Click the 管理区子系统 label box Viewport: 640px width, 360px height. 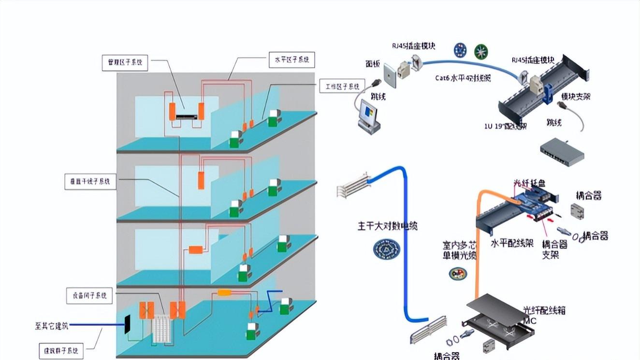pyautogui.click(x=125, y=62)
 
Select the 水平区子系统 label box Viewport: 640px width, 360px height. pyautogui.click(x=291, y=60)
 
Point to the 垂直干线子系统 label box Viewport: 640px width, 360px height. pyautogui.click(x=90, y=182)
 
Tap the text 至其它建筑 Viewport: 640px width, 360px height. pyautogui.click(x=52, y=326)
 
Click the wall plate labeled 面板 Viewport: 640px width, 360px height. pyautogui.click(x=390, y=75)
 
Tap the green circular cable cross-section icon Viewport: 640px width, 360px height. pyautogui.click(x=480, y=50)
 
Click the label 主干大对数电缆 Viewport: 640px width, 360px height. pyautogui.click(x=387, y=226)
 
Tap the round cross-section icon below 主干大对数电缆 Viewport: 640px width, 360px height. pyautogui.click(x=387, y=249)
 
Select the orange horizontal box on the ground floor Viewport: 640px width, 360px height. pyautogui.click(x=225, y=292)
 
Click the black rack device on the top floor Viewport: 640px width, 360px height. pyautogui.click(x=186, y=116)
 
